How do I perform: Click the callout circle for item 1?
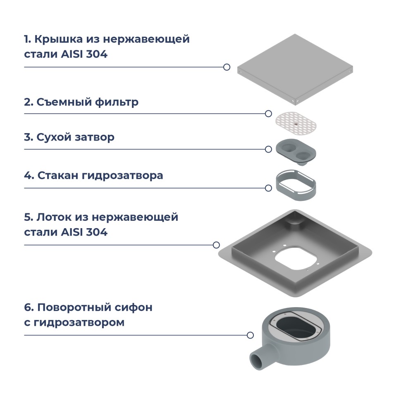(x=227, y=67)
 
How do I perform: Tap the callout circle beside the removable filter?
(x=268, y=114)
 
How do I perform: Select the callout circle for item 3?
(x=268, y=149)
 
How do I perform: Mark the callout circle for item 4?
(x=268, y=188)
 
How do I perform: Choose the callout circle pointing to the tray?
(x=216, y=245)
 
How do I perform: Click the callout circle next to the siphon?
(x=250, y=335)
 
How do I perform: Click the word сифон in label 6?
(x=133, y=308)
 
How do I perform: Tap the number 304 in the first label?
(x=97, y=54)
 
